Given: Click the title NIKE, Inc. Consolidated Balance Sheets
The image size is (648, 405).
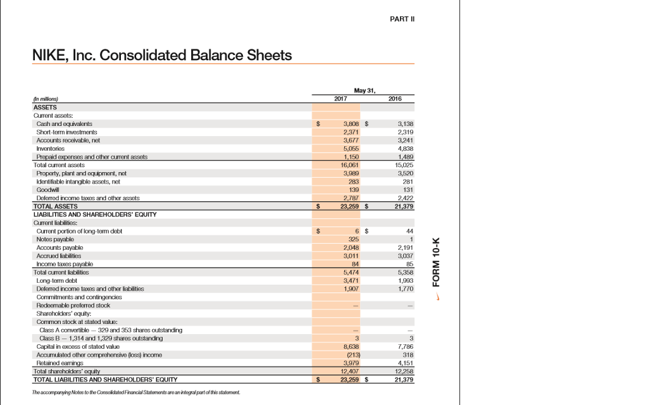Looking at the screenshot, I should pos(162,55).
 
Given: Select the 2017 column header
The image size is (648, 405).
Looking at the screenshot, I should pos(340,99).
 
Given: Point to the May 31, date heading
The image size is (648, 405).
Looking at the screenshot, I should pos(367,90).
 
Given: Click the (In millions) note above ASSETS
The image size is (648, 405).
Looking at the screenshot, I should pos(45,99).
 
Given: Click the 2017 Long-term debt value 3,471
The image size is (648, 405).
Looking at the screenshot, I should pos(351,279).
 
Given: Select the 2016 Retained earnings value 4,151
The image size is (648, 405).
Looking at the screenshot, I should pos(404,363).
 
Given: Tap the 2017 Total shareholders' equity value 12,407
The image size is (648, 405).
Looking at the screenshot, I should pos(350,371).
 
